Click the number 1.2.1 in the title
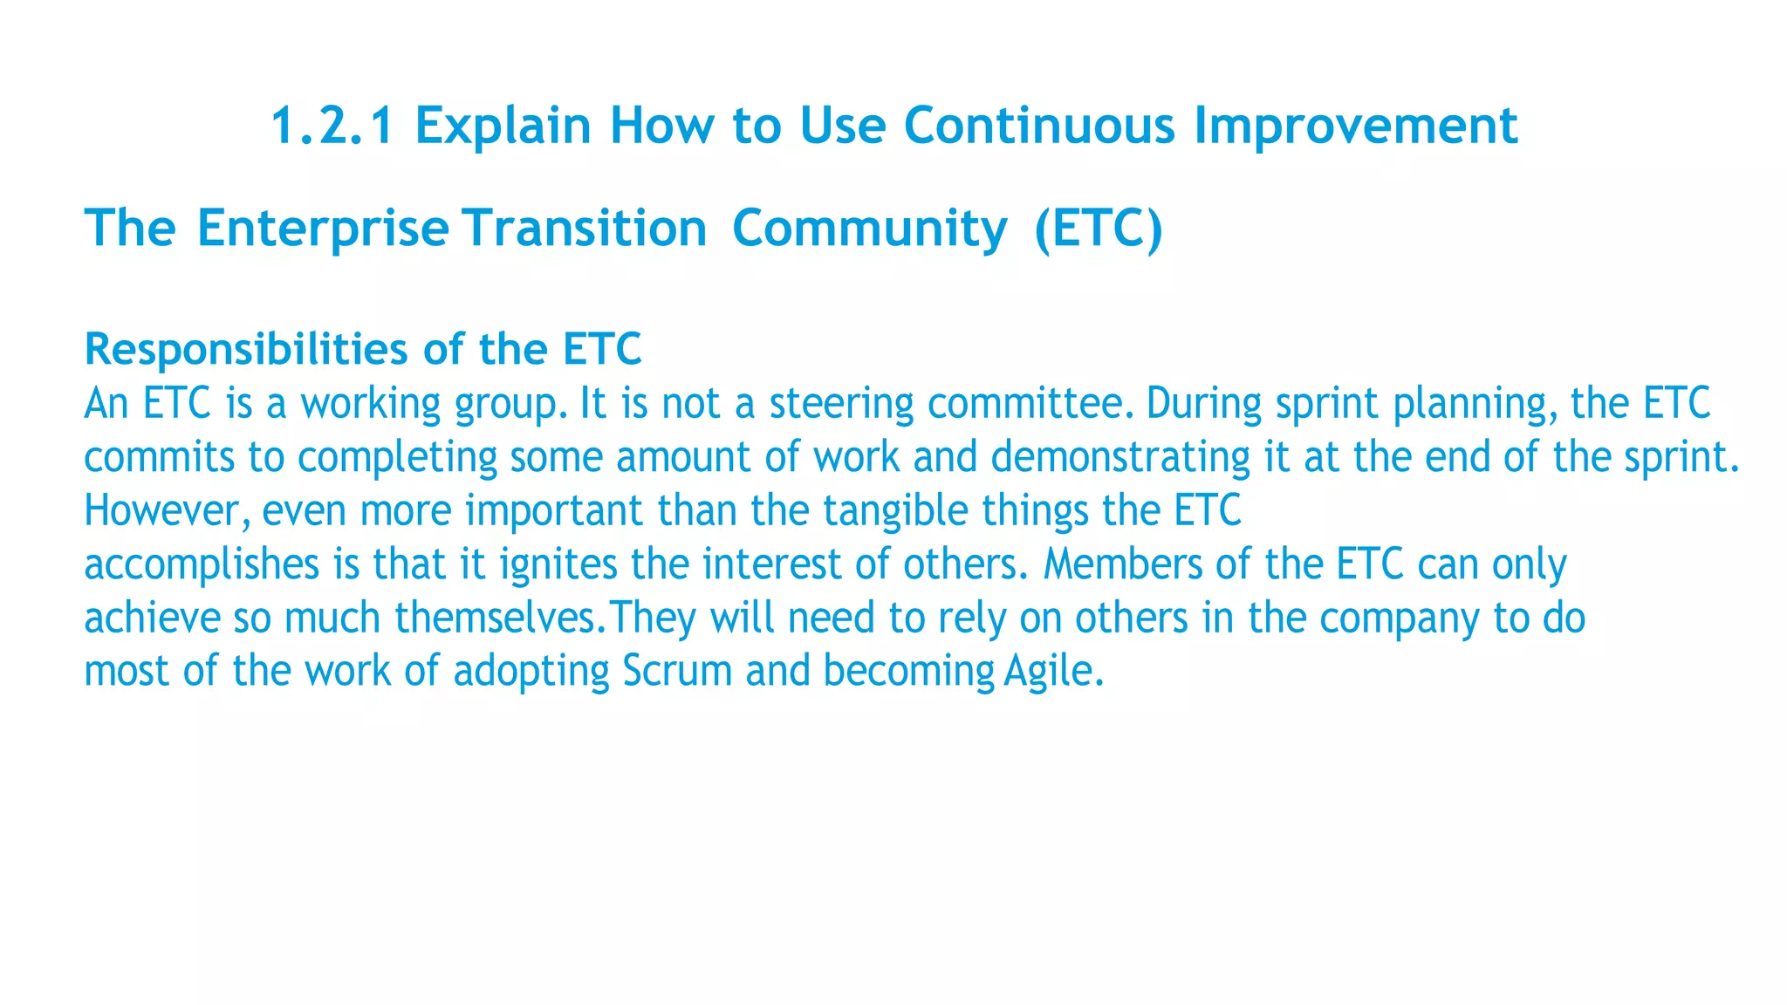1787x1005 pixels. tap(332, 126)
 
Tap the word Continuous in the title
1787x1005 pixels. tap(1039, 126)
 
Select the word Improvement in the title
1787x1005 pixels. tap(1355, 126)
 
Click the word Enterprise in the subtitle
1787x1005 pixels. tap(323, 229)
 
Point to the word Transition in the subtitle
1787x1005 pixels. tap(585, 229)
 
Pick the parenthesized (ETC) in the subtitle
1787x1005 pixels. tap(1098, 229)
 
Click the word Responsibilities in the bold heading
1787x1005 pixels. tap(245, 350)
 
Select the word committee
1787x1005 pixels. tap(1029, 404)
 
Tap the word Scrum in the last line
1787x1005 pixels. tap(677, 672)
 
